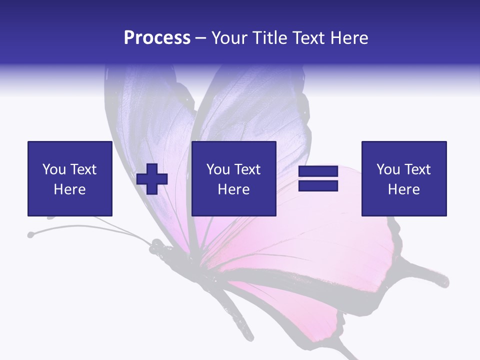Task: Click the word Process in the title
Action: tap(157, 38)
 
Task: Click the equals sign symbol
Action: tap(318, 178)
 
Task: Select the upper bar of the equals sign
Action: tap(318, 171)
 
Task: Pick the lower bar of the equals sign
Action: tap(318, 185)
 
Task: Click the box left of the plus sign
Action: tap(70, 178)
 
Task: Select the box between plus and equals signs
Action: tap(234, 178)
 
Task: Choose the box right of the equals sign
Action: tap(404, 178)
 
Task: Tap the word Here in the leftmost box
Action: tap(70, 189)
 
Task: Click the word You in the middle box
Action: tap(218, 169)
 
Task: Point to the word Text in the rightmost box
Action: tap(417, 169)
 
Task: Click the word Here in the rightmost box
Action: tap(404, 189)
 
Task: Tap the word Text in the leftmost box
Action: tap(83, 169)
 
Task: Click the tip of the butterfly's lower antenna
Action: tap(31, 234)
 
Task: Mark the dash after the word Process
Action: tap(201, 38)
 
